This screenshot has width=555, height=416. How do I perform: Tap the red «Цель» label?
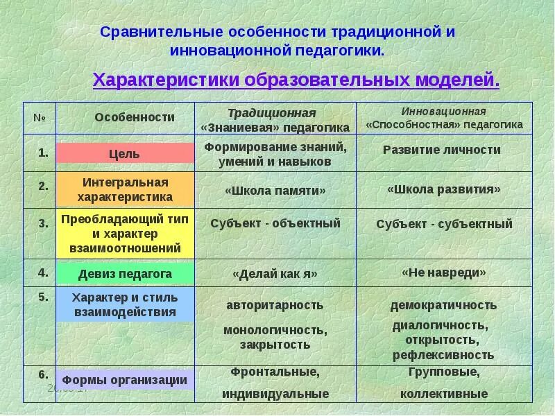click(125, 153)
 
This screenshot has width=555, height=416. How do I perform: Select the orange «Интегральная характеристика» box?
click(125, 189)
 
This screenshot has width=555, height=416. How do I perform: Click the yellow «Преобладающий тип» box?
click(125, 233)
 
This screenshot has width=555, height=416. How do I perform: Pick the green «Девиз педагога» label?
click(125, 274)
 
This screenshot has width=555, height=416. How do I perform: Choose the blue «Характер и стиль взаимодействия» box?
click(125, 305)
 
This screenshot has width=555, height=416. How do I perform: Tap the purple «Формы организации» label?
click(125, 380)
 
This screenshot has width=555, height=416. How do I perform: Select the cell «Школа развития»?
click(443, 189)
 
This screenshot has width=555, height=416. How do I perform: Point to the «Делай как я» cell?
click(275, 274)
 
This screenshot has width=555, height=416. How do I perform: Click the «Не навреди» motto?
click(443, 272)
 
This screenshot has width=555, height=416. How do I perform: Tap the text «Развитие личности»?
click(442, 150)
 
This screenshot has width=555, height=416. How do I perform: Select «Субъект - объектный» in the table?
click(275, 223)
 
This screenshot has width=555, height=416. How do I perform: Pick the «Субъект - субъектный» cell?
click(444, 224)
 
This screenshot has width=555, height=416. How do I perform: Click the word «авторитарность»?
click(275, 305)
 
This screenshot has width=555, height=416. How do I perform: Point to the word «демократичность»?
click(443, 305)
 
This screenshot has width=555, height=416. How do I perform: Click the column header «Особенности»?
click(135, 117)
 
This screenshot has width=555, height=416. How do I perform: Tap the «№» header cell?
click(39, 116)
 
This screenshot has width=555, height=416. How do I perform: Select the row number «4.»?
click(43, 271)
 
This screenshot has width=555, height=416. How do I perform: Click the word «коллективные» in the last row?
click(444, 394)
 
